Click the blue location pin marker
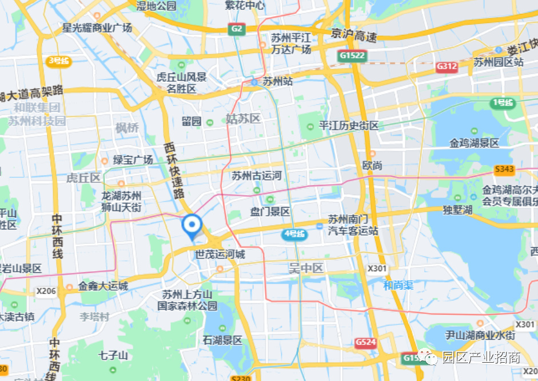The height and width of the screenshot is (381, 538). (192, 226)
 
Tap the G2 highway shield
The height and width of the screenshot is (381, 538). (237, 29)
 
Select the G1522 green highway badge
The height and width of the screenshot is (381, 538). (352, 55)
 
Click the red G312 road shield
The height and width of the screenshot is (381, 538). (447, 66)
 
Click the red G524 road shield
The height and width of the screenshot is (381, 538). (365, 342)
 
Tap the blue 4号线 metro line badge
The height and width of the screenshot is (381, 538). (295, 234)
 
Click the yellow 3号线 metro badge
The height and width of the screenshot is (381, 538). (59, 61)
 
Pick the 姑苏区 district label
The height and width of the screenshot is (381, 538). (243, 119)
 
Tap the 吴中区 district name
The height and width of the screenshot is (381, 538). (306, 268)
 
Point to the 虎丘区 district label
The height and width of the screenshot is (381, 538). (83, 178)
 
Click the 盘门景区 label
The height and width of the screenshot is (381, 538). (270, 212)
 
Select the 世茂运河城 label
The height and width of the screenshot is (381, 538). (220, 255)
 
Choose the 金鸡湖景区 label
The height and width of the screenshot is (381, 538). (474, 143)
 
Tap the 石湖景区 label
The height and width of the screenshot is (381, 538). (222, 340)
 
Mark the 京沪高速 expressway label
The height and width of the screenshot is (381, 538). (354, 35)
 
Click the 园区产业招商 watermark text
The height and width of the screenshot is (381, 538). (481, 358)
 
